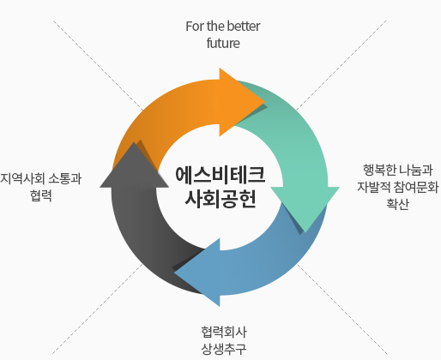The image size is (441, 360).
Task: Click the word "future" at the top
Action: [x=223, y=44]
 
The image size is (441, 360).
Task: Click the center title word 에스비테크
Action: [x=220, y=175]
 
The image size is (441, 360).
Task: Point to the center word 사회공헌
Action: [x=220, y=198]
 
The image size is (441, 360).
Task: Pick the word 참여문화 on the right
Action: [x=416, y=187]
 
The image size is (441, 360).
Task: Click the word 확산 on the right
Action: [x=398, y=204]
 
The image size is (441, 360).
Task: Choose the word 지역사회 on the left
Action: [x=22, y=179]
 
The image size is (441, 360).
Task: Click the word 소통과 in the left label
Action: [x=65, y=179]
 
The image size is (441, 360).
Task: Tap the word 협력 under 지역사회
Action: [x=41, y=195]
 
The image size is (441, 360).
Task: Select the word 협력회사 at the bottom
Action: [x=224, y=332]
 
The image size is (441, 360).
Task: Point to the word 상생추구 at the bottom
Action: [x=224, y=349]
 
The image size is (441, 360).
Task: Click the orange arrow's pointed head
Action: [x=264, y=101]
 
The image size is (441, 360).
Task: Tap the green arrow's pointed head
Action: [x=305, y=232]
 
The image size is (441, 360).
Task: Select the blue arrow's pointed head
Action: [x=174, y=273]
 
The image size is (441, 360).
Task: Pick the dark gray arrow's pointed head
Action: [x=134, y=142]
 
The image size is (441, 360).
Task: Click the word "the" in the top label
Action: [x=216, y=27]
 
